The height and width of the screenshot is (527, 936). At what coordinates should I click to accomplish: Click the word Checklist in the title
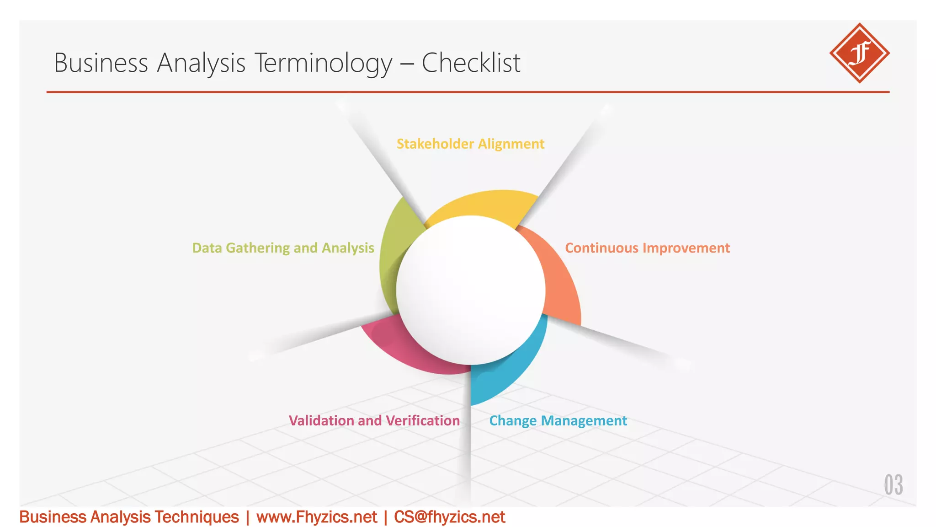[x=471, y=63]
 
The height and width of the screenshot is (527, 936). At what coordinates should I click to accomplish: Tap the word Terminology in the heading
[x=323, y=63]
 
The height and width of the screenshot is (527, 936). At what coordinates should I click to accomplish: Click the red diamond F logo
[x=859, y=53]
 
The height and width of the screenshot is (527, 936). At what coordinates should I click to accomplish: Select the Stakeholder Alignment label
[x=470, y=144]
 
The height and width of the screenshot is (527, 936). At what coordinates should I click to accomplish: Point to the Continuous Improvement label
[x=647, y=248]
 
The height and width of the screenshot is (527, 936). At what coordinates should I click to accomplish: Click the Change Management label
[x=558, y=420]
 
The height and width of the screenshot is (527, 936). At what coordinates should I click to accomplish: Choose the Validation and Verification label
[x=374, y=420]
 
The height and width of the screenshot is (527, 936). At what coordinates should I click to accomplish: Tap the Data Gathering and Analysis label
[x=283, y=248]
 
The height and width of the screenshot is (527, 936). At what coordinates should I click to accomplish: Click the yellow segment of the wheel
[x=484, y=204]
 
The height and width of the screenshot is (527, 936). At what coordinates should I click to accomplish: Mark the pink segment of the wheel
[x=411, y=350]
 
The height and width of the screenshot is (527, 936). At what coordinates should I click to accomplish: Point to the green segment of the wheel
[x=393, y=256]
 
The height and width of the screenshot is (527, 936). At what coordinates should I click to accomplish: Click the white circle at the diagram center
[x=471, y=290]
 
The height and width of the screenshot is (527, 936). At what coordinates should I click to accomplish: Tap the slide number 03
[x=893, y=485]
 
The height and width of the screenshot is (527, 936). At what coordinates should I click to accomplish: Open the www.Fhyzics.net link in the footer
[x=317, y=517]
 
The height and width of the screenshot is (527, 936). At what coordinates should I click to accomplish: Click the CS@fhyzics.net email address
[x=449, y=517]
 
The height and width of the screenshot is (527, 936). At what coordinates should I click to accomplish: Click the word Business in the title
[x=101, y=63]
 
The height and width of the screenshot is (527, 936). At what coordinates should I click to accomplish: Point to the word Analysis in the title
[x=201, y=63]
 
